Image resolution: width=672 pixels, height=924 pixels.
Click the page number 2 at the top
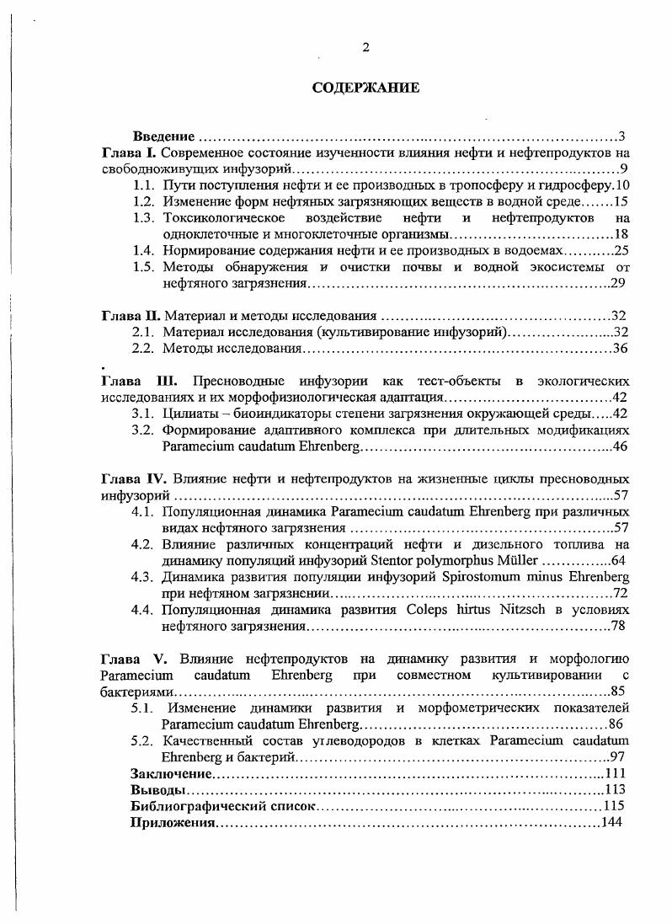pos(365,47)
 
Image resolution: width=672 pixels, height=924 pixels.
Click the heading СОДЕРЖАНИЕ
pos(365,88)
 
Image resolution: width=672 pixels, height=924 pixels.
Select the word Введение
pos(164,136)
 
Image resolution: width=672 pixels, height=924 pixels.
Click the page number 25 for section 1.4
pos(621,250)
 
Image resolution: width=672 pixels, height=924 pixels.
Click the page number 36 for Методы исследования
pos(621,349)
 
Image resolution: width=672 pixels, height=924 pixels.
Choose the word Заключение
pos(171,773)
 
